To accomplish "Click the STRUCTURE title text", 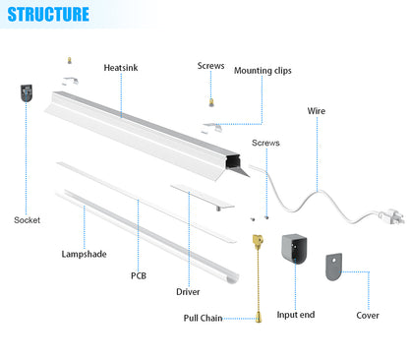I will click(46, 15).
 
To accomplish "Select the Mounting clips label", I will click(262, 71).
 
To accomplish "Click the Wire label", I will click(317, 111).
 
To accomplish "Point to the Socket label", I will click(27, 219).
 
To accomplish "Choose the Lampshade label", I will click(83, 253).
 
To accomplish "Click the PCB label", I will click(139, 275).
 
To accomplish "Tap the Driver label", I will click(188, 292).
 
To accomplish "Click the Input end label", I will click(295, 316).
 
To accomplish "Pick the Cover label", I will click(368, 316).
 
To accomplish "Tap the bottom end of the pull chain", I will click(260, 317).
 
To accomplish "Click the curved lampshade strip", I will click(147, 234).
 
